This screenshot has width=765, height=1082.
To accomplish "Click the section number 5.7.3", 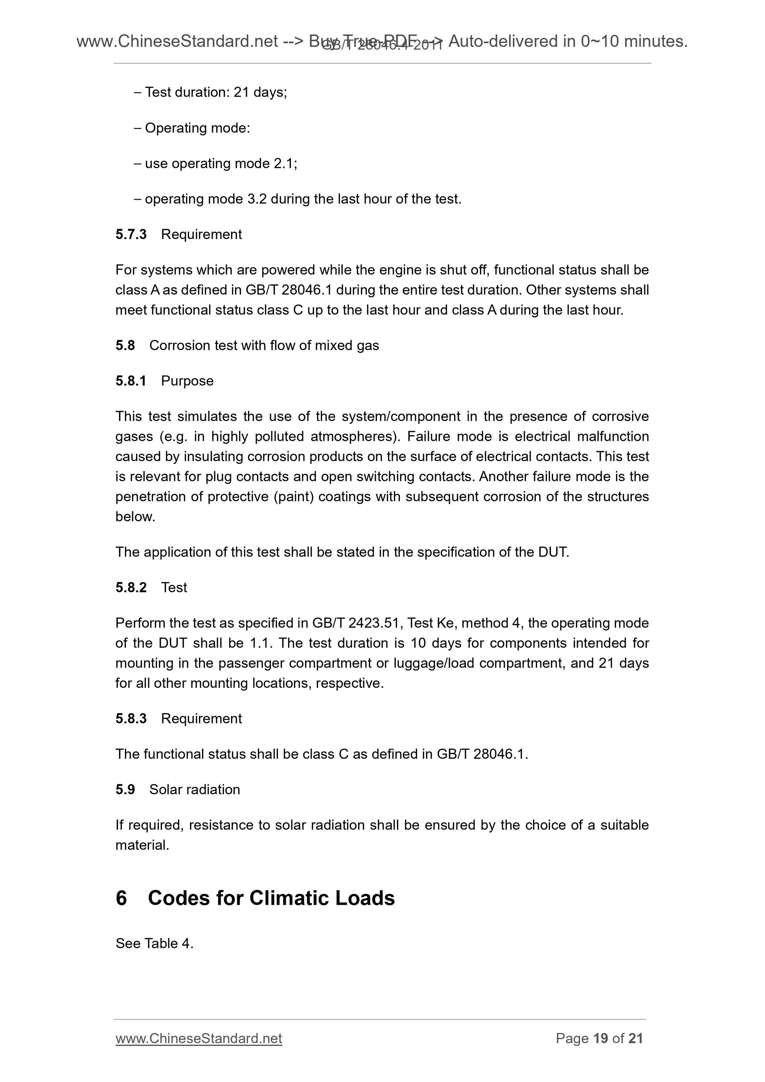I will pos(131,234).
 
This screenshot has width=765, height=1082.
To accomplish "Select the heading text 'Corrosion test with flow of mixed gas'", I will pos(264,345).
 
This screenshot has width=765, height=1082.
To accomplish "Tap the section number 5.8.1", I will pos(131,381).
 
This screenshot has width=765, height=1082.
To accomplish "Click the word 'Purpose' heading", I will pos(187,381).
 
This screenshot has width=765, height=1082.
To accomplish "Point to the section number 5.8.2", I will pos(131,587).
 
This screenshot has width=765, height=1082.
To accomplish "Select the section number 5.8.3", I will pos(131,718).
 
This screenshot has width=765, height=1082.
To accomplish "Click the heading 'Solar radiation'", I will pos(194,789).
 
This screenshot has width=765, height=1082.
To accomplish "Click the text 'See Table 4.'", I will pos(154,943).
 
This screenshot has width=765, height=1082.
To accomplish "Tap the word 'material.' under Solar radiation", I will pos(142,845).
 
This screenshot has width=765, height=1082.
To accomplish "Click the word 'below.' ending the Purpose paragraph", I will pos(135,516).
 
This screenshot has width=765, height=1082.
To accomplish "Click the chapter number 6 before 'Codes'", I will pos(121,898).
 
